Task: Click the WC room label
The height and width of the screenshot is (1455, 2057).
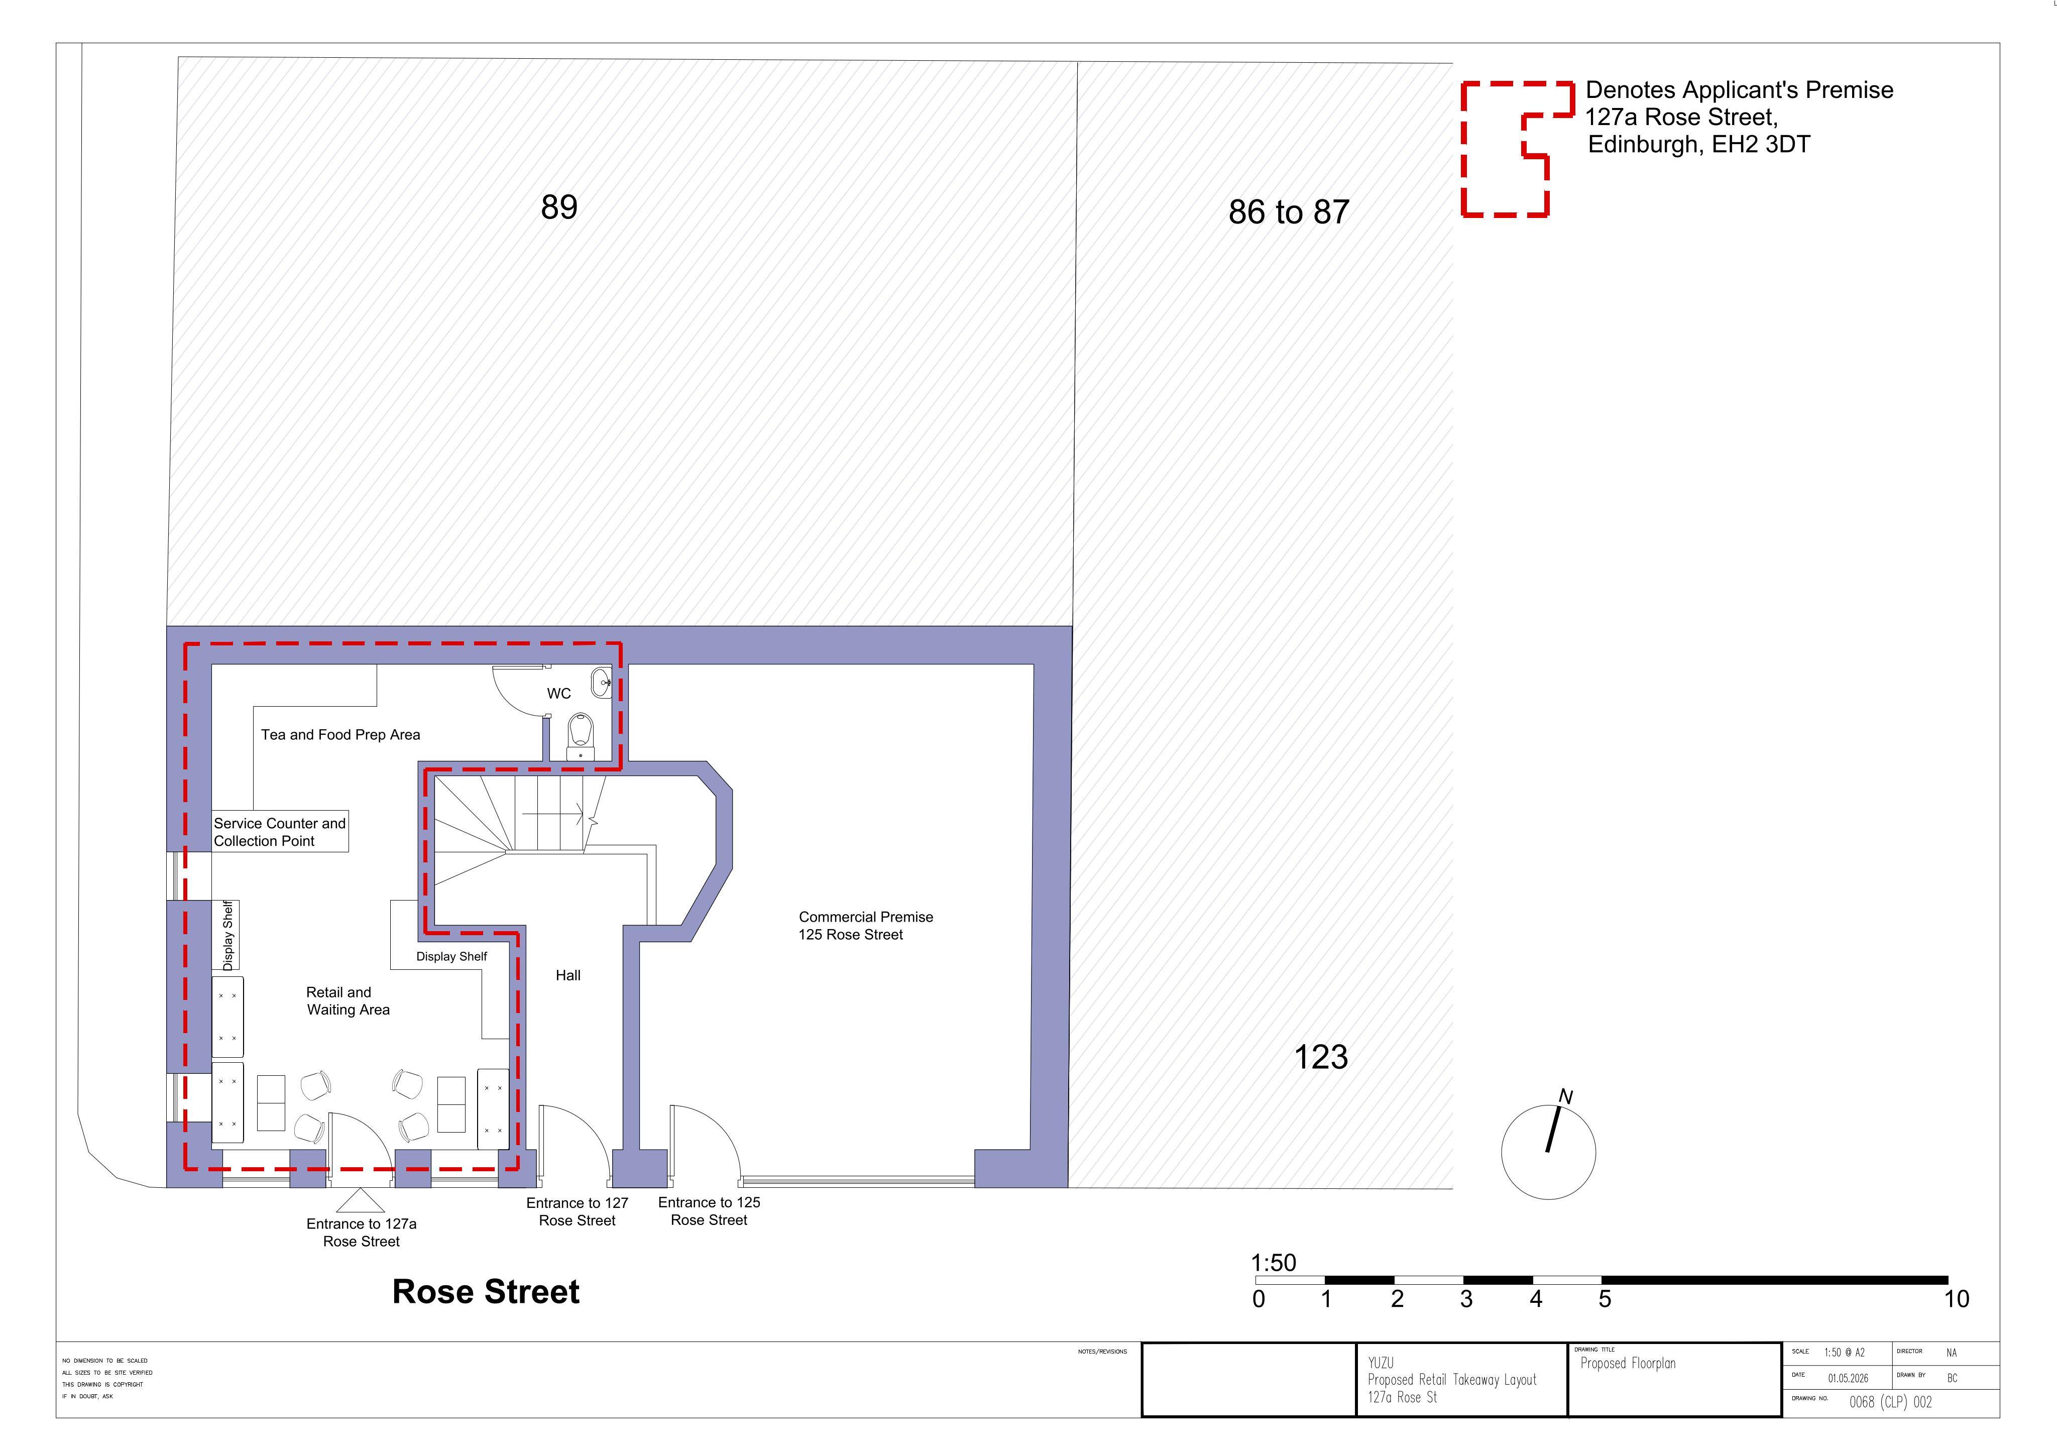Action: pos(559,694)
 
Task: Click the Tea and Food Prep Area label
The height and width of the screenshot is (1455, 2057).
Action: pos(340,735)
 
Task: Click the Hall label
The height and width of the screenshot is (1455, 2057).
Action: pos(568,976)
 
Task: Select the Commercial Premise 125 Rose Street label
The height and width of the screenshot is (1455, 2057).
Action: pos(865,926)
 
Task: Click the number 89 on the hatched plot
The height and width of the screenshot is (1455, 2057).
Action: pos(559,207)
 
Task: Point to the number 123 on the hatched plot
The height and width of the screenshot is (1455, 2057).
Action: pos(1321,1057)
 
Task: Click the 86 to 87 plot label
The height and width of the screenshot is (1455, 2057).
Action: pos(1288,212)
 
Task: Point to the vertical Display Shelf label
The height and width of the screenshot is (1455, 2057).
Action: pos(227,935)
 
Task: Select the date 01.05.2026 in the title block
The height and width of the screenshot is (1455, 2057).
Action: pos(1848,1379)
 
